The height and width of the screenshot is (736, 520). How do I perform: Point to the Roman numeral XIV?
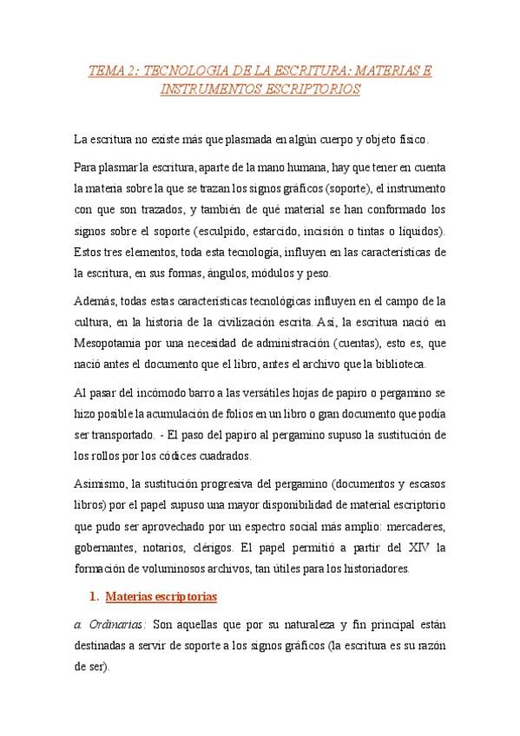pyautogui.click(x=419, y=549)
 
